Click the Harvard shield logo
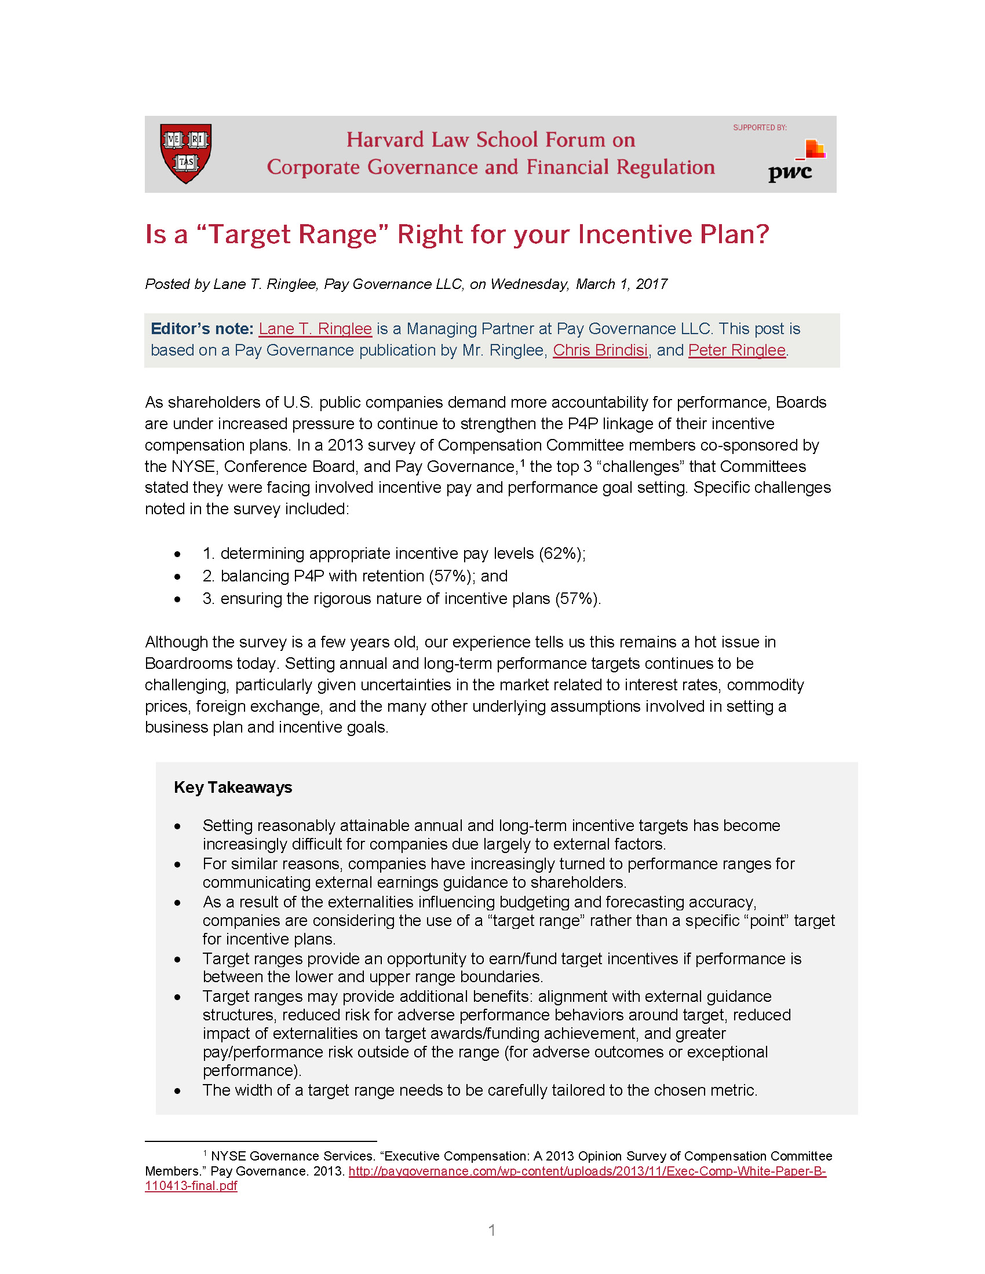[x=185, y=153]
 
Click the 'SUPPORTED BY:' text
[x=760, y=128]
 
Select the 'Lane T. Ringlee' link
[x=315, y=329]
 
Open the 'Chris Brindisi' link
[x=600, y=350]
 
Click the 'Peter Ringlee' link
[x=736, y=350]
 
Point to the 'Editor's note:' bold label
[x=202, y=329]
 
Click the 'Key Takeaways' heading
[x=233, y=788]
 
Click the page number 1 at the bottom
[x=492, y=1230]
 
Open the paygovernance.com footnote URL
[x=587, y=1172]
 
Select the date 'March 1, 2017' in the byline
[x=622, y=284]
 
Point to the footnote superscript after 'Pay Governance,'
[x=523, y=463]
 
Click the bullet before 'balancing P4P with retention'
[x=177, y=576]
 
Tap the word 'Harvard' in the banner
[x=385, y=140]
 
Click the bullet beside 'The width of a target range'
[x=177, y=1090]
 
